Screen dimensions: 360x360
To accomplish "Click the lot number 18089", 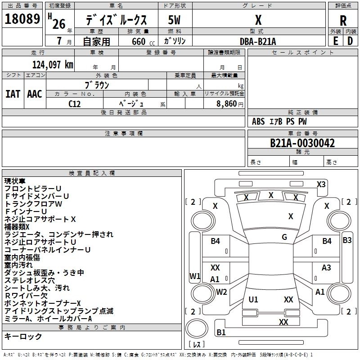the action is tap(22, 19).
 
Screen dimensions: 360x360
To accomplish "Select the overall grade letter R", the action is tap(343, 20).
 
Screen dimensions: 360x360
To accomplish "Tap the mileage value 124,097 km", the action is tap(53, 65).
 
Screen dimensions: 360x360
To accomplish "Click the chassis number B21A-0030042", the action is tap(302, 143).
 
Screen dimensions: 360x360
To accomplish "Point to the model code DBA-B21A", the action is tap(258, 41).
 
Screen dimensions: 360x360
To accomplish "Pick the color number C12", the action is tap(74, 104).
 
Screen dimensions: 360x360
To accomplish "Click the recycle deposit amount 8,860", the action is tap(227, 103).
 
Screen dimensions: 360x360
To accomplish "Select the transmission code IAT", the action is tap(13, 94).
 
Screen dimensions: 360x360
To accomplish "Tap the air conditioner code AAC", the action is tap(35, 94).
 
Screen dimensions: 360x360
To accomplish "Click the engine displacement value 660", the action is tap(139, 41).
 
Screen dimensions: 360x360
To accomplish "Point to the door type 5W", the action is tap(174, 20).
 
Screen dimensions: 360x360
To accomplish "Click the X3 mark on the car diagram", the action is tap(321, 184).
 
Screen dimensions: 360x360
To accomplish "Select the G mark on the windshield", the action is tap(284, 237).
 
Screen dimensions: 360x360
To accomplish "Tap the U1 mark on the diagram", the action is tap(253, 299).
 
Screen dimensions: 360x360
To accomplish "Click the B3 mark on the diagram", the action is tap(347, 240).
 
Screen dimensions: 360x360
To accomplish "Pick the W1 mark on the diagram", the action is tap(195, 276).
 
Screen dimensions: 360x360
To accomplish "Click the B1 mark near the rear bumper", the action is tap(221, 332).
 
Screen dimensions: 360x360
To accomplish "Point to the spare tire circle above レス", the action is tap(197, 328).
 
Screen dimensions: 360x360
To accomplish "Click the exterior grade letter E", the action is tap(335, 41).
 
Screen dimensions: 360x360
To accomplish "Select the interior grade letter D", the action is tap(350, 41).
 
